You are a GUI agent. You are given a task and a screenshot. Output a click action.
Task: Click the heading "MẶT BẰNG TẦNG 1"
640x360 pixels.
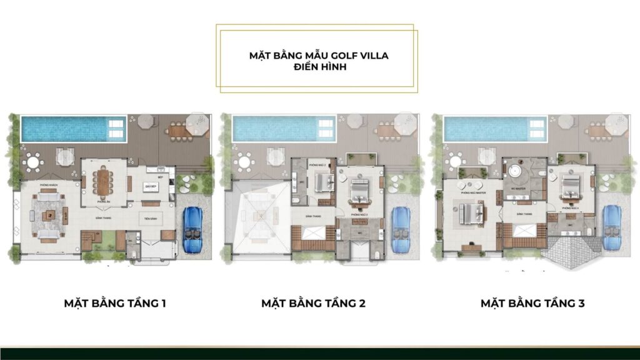click(x=115, y=304)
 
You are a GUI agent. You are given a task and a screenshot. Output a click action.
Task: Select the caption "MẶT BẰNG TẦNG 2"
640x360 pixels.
click(x=313, y=304)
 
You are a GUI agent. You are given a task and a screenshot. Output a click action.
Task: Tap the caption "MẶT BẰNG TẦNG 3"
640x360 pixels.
click(x=532, y=304)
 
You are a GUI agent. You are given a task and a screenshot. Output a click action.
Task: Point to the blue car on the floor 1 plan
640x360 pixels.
click(x=192, y=229)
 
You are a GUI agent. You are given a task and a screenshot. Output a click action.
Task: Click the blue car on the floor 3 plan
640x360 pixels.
click(x=611, y=228)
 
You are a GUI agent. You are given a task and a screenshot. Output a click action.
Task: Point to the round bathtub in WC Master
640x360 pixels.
click(x=516, y=171)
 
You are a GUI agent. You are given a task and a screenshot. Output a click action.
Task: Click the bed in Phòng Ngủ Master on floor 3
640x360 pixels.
click(x=472, y=215)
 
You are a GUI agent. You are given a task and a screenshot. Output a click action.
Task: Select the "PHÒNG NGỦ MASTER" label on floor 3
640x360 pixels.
click(x=470, y=194)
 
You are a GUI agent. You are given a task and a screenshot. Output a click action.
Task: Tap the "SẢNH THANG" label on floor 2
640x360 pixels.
click(x=313, y=216)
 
